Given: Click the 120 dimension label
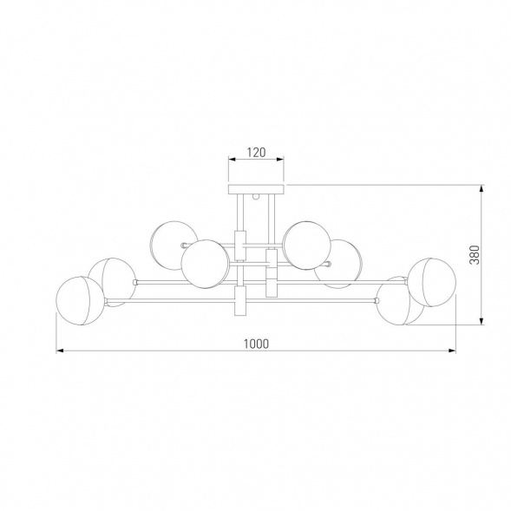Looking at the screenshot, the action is click(257, 152).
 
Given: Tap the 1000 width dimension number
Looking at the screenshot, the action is click(257, 344).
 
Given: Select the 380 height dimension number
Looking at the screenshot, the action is click(475, 255).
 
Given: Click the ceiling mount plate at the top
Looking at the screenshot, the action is click(257, 189).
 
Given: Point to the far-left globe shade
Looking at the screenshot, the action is click(80, 301).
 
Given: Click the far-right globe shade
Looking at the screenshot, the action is click(432, 283).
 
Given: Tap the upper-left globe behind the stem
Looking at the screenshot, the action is click(174, 246).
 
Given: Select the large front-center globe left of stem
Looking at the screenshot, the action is click(206, 265).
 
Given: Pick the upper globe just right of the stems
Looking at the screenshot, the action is click(306, 246).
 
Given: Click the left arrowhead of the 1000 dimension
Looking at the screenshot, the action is click(60, 350).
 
